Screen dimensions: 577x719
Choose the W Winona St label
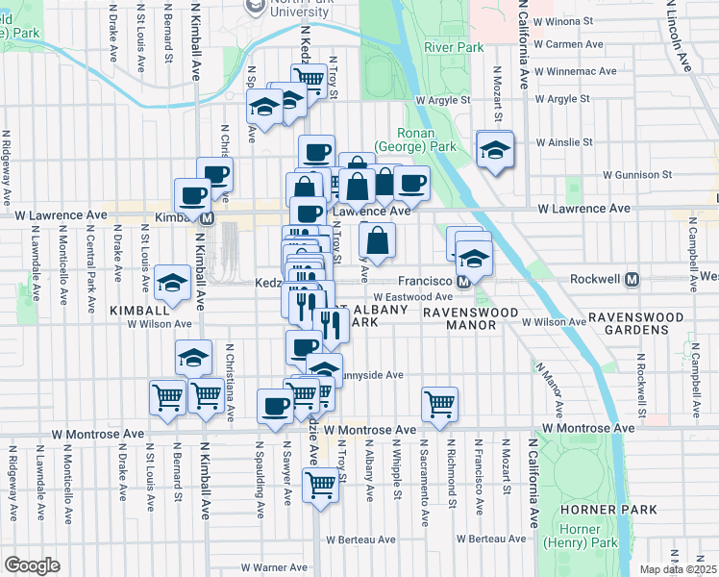tap(568, 19)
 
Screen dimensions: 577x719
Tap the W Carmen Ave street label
tap(568, 44)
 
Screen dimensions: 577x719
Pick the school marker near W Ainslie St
tap(495, 150)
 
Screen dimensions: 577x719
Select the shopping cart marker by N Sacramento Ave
tap(439, 404)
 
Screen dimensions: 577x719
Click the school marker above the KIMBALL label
tap(173, 283)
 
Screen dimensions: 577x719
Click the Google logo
tap(32, 565)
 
